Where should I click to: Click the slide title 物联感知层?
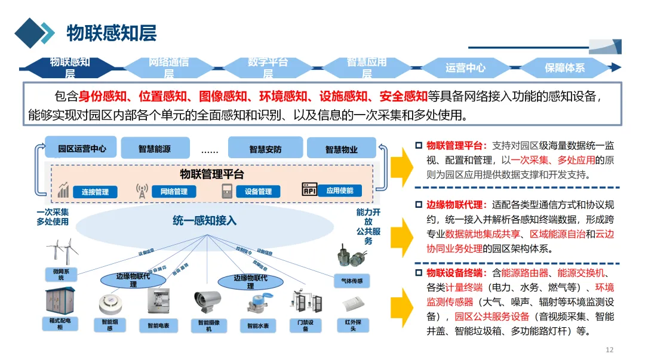click(111, 33)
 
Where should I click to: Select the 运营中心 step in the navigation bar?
click(465, 68)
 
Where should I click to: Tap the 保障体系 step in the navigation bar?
click(564, 68)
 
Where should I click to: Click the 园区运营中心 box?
click(82, 149)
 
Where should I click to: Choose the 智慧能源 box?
click(155, 149)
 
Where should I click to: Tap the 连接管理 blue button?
click(95, 192)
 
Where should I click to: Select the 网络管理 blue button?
click(174, 191)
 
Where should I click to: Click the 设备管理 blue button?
click(258, 191)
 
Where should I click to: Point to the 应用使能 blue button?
click(339, 190)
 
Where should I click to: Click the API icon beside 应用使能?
click(309, 190)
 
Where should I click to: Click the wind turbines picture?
click(62, 253)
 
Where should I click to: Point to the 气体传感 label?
click(351, 281)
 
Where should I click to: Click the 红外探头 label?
click(353, 325)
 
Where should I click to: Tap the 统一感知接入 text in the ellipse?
click(204, 221)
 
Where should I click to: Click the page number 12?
click(609, 350)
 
